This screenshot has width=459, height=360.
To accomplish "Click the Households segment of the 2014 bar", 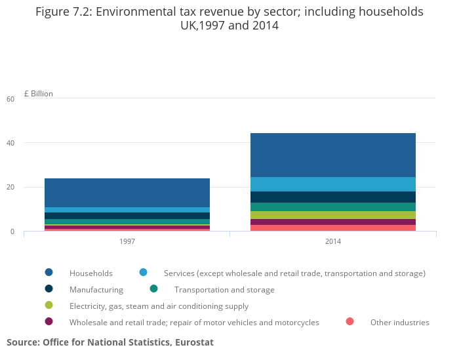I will point(333,155).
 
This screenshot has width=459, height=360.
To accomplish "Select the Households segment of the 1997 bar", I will point(127,193).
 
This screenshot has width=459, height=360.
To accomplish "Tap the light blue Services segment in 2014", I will point(333,184).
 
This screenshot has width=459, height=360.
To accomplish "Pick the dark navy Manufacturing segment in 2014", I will point(333,197).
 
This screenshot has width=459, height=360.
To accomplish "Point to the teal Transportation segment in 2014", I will point(333,207).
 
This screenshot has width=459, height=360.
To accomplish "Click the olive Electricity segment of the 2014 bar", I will point(333,215).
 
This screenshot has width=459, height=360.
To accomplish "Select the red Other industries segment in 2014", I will point(333,228).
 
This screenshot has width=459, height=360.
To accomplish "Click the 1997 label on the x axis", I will point(127,241).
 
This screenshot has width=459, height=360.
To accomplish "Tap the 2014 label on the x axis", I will point(333,241).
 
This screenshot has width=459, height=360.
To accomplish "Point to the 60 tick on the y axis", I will point(10,99).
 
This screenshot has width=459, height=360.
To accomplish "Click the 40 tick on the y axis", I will point(10,143).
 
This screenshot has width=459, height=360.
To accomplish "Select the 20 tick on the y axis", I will point(10,188).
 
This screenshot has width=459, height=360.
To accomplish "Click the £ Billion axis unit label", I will point(38,94).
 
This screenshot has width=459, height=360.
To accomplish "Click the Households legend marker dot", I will point(49,273).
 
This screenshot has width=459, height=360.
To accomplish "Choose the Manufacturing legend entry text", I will point(96,290).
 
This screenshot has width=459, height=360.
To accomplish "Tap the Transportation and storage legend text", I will point(224,290).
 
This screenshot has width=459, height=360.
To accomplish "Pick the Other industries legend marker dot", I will point(350,322).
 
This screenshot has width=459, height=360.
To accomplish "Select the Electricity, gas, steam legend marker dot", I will point(49,306).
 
